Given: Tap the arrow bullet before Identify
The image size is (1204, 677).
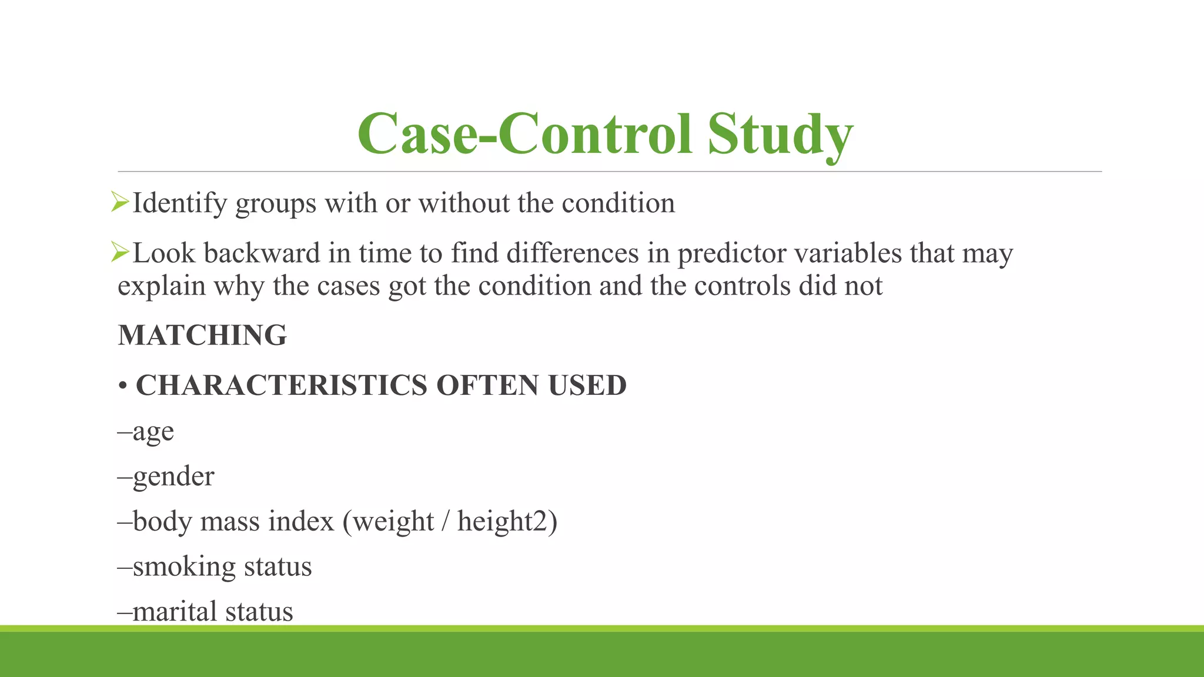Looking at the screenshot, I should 120,203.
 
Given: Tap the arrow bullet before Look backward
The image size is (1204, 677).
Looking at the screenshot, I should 120,253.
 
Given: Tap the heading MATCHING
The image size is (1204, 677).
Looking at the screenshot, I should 202,336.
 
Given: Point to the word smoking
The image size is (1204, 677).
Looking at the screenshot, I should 183,567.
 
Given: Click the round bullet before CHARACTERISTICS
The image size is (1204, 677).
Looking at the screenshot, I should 123,387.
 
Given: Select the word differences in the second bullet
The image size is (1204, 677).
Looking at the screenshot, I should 572,253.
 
